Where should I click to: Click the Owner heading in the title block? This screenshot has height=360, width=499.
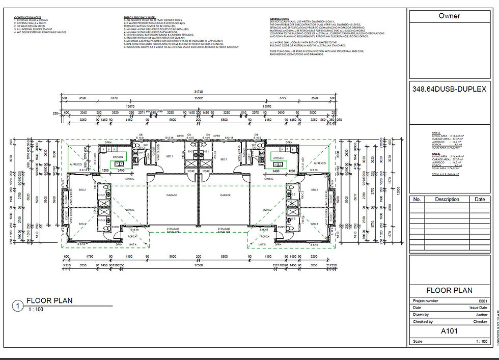[449, 16]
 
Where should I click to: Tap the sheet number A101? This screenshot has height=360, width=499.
[449, 330]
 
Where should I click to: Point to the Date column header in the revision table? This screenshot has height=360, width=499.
[480, 199]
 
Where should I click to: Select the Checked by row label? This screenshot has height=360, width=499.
[423, 322]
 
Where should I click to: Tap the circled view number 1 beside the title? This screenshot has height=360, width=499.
[18, 306]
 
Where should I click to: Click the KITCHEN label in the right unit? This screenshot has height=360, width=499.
[278, 159]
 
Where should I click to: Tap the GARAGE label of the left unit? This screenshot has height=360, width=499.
[172, 195]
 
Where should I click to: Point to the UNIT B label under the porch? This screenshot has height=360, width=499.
[262, 244]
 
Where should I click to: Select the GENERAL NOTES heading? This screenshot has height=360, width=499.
[280, 17]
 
